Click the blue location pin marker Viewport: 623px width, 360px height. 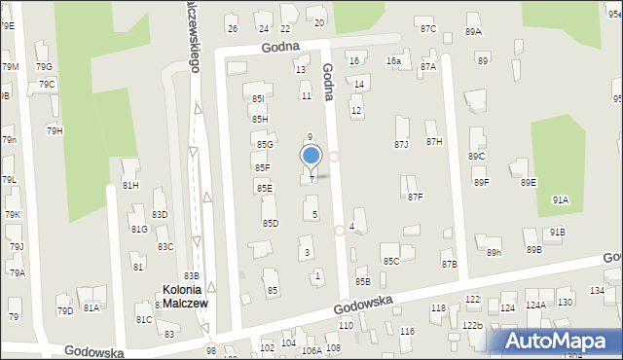[x=311, y=156]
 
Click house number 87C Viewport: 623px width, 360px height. [x=427, y=28]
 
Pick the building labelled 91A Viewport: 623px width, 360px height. [x=560, y=199]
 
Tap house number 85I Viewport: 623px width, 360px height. [x=257, y=99]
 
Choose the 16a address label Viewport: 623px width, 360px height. [x=393, y=61]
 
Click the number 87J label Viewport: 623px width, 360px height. [x=400, y=144]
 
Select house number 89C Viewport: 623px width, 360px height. [x=476, y=157]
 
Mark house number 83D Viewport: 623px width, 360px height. [x=160, y=215]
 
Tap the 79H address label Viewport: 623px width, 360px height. [x=55, y=130]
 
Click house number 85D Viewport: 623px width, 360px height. [x=271, y=223]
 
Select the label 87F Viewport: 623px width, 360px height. [x=415, y=198]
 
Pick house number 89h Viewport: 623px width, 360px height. [x=494, y=253]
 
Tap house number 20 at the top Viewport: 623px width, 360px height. [x=318, y=22]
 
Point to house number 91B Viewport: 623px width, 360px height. [x=556, y=233]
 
